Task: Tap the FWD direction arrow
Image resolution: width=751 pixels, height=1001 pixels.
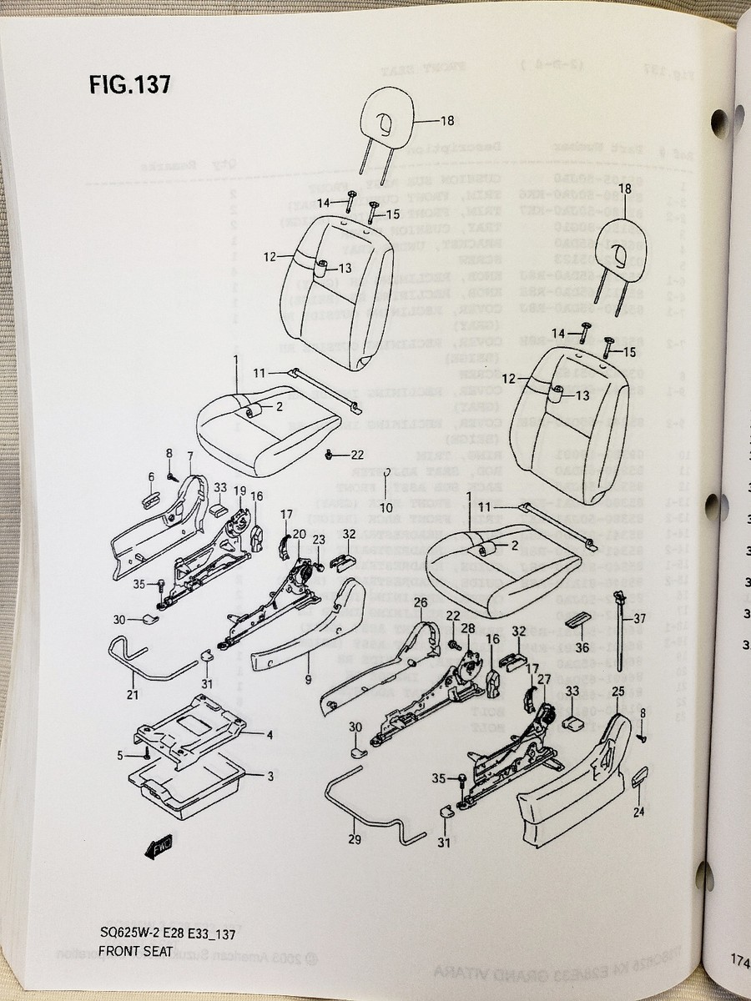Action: [159, 848]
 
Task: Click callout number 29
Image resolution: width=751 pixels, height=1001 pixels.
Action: [355, 839]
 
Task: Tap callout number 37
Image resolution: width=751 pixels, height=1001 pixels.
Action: [640, 618]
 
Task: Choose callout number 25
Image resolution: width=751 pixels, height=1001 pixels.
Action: [618, 692]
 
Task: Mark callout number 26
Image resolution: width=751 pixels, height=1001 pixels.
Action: [421, 602]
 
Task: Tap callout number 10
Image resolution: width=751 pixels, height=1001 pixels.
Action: [386, 507]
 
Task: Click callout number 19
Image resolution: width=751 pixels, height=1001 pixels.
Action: [239, 490]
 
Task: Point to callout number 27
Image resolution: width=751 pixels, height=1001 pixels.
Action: [543, 679]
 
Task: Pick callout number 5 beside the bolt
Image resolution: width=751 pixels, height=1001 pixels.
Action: [119, 755]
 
